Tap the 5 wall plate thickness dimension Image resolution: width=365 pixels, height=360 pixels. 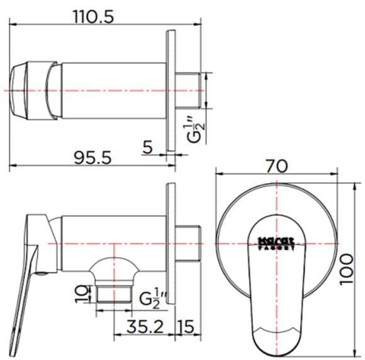pos(147,147)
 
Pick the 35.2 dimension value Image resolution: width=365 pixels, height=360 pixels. pos(137,326)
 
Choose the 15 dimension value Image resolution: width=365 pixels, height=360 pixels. pos(185,326)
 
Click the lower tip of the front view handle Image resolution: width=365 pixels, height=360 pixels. pos(277,344)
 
